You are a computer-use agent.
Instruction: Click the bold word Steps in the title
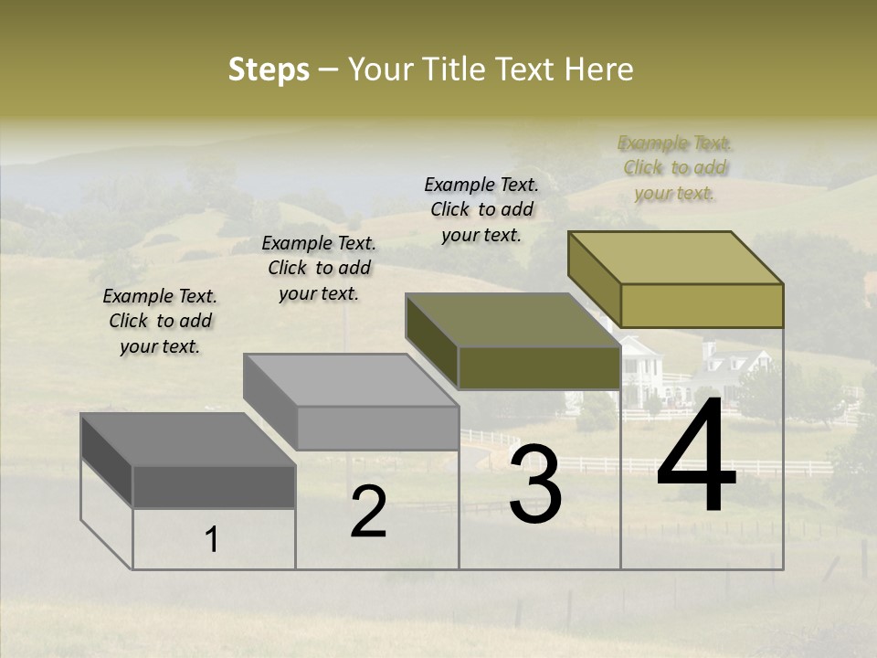point(269,69)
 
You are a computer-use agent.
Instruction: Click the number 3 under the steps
point(535,485)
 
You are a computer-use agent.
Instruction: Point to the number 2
point(368,512)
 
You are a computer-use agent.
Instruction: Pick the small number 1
point(212,540)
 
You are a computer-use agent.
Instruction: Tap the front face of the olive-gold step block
point(702,305)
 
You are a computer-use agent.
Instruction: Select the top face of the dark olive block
point(512,320)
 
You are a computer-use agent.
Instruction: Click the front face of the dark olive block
point(539,367)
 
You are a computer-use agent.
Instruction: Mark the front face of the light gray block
point(377,428)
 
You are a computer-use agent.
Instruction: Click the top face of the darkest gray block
point(187,440)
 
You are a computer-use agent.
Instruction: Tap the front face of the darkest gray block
point(214,486)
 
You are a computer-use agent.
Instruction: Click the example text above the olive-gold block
point(675,167)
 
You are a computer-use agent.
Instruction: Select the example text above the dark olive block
point(481,209)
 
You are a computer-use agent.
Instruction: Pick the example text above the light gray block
point(319,268)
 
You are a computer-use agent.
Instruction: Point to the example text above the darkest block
point(160,321)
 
